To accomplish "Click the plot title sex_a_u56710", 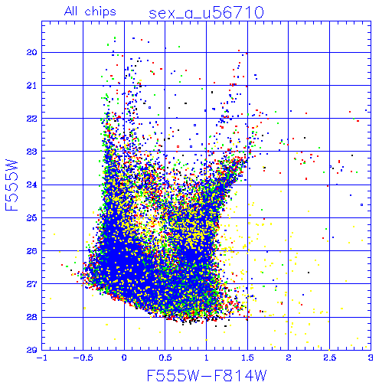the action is point(206,13).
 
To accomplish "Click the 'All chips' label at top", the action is point(90,11).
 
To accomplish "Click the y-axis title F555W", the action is point(11,185).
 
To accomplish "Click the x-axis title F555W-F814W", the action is point(207,375).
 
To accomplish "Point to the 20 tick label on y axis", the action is point(32,53).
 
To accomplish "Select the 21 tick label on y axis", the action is point(32,86).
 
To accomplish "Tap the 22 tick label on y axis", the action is point(32,119).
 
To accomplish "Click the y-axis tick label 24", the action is point(32,185).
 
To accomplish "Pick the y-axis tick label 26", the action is point(32,251).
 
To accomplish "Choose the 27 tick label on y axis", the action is point(32,284).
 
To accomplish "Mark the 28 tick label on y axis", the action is point(32,317).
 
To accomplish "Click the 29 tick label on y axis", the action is point(32,350).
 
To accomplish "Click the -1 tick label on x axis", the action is point(42,358).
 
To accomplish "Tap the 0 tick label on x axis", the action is point(124,358).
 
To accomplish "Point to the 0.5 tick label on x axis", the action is point(165,358).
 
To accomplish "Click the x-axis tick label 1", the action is point(207,358).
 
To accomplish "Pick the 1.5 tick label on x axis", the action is point(247,358).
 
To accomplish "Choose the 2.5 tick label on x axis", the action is point(330,358).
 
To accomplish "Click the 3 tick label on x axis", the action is point(371,358).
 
